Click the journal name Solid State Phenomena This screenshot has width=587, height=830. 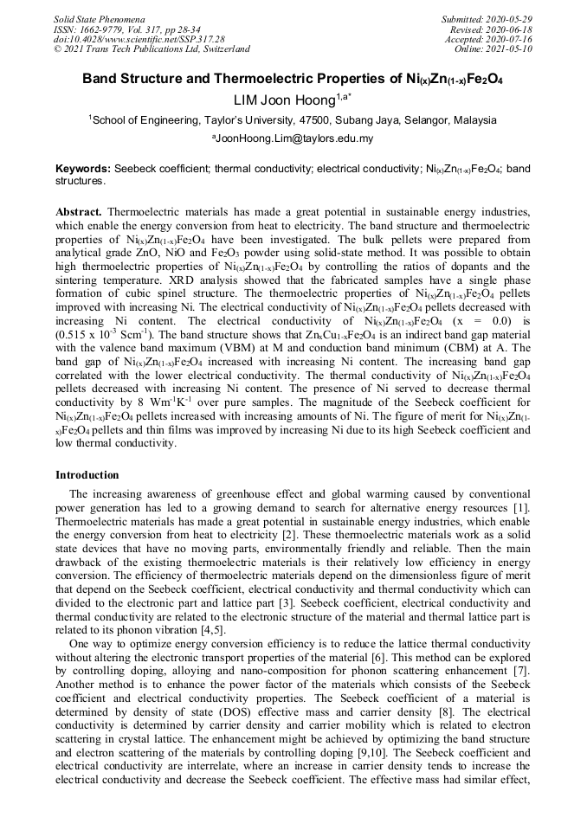(98, 18)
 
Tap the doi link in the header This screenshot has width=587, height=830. (139, 39)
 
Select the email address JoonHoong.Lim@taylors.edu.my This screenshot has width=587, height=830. (293, 138)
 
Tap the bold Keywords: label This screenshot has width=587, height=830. (83, 169)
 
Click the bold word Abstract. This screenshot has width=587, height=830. (79, 211)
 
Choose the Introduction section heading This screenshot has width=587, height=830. (87, 475)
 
